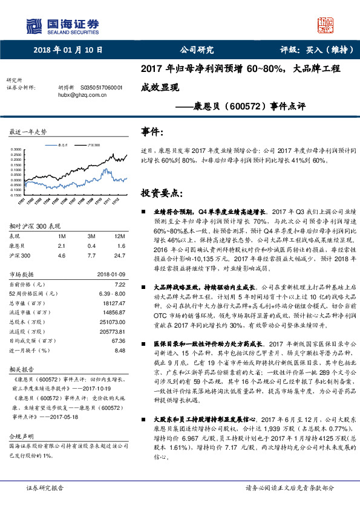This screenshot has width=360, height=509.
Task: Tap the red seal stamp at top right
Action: tap(326, 25)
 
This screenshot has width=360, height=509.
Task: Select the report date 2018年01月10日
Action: tap(67, 50)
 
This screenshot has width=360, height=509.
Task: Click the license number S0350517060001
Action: tap(97, 88)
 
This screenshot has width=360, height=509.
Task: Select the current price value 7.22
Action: tap(119, 284)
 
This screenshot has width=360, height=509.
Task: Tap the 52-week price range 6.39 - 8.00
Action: tap(111, 293)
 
